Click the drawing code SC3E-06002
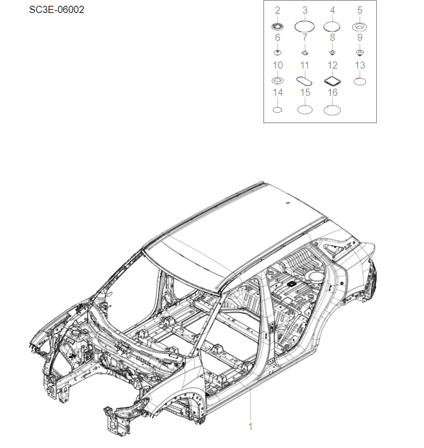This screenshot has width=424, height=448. point(56,10)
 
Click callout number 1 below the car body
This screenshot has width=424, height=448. point(251,427)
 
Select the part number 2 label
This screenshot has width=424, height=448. point(278,10)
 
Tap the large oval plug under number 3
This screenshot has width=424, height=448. point(305,27)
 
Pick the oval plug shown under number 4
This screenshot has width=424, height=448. point(332,27)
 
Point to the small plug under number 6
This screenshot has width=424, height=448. point(278,52)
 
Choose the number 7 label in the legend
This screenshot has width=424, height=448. point(305,38)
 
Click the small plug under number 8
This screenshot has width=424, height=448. point(332,52)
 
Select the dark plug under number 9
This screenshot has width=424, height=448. point(360,52)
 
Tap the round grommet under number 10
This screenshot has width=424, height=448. point(278,80)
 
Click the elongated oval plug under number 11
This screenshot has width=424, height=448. point(305,81)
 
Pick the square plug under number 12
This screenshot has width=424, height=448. point(332,81)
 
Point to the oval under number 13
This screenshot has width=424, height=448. point(360,81)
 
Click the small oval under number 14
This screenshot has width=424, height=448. point(278,109)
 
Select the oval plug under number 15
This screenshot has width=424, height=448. point(305,109)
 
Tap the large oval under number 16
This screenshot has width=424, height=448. point(332,109)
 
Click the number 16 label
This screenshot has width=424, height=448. point(332,93)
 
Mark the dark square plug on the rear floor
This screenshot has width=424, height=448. point(291,284)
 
